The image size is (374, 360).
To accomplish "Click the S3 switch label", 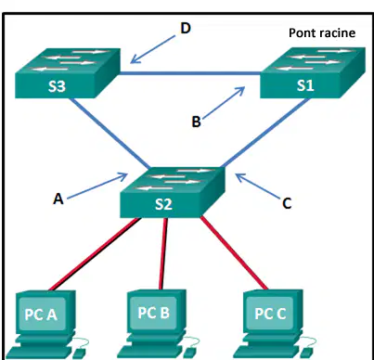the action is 57,86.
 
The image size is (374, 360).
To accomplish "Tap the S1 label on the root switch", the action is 305,85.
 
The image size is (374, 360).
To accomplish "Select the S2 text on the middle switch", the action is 163,204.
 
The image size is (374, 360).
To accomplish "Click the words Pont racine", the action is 322,32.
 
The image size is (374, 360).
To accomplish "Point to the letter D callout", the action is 186,28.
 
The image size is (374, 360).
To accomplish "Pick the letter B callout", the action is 196,122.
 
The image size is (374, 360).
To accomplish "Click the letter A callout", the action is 58,199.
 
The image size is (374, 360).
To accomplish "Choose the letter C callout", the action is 287,203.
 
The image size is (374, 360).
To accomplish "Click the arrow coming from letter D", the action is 153,49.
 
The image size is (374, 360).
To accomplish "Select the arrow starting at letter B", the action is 224,102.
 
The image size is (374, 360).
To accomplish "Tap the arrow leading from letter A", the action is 97,186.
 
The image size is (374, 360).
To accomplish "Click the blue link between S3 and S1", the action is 190,73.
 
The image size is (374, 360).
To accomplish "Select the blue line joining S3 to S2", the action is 110,134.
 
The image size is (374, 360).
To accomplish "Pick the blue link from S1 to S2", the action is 265,134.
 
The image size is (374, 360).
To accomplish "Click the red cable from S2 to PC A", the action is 96,254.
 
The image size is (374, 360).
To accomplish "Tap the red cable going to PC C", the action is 234,253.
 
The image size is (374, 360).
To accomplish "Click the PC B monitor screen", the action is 154,313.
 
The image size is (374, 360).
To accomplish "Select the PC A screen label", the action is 41,315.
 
